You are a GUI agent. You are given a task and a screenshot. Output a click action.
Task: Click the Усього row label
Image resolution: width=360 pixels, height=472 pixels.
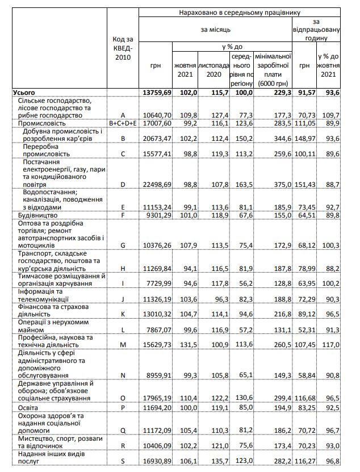pos(24,92)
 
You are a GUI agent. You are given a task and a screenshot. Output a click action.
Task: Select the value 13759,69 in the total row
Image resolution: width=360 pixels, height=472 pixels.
pos(156,92)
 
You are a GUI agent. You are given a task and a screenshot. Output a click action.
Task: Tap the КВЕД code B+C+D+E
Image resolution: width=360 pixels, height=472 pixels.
pos(123,123)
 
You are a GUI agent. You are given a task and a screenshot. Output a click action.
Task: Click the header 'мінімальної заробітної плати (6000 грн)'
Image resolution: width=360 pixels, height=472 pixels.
pos(273,70)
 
